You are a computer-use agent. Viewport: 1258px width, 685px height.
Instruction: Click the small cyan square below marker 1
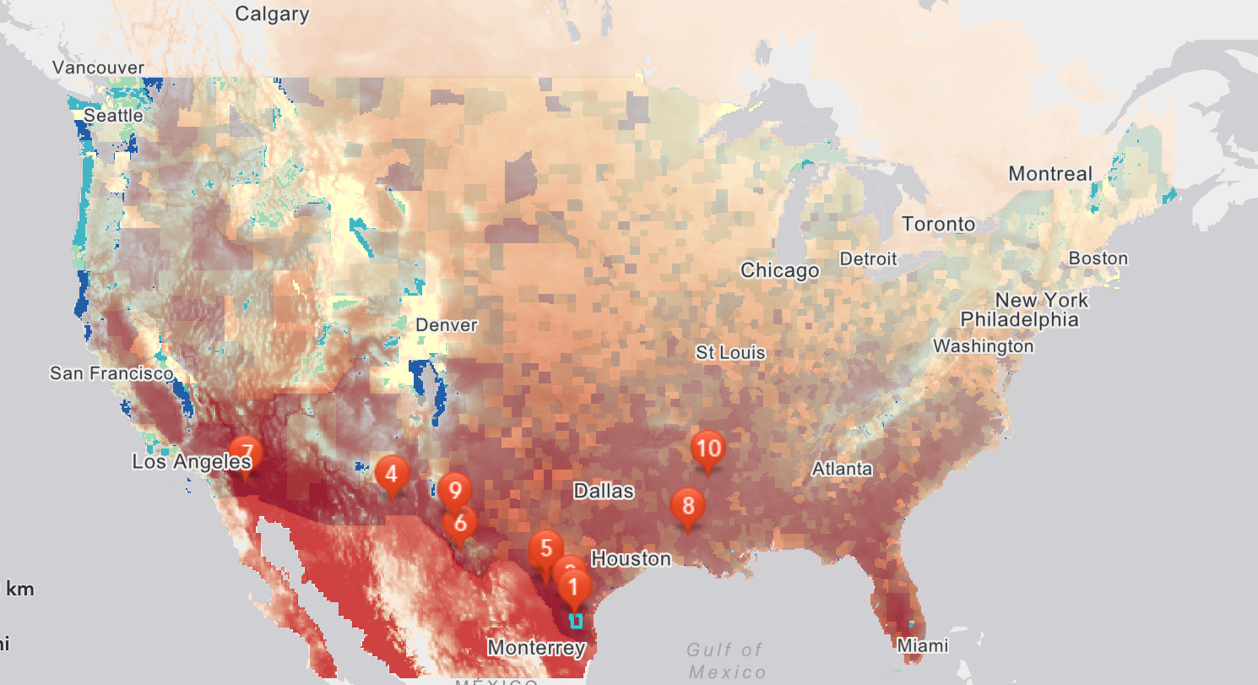pyautogui.click(x=576, y=621)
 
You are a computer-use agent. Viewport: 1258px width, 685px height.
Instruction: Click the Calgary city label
pyautogui.click(x=272, y=14)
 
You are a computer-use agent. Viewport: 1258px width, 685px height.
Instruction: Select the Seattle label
pyautogui.click(x=114, y=116)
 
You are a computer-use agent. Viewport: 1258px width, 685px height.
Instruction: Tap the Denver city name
pyautogui.click(x=447, y=325)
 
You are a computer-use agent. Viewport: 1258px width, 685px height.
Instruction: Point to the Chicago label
pyautogui.click(x=779, y=271)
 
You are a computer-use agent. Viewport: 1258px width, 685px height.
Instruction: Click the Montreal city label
pyautogui.click(x=1050, y=174)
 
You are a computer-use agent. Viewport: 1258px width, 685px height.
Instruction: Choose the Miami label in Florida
pyautogui.click(x=923, y=646)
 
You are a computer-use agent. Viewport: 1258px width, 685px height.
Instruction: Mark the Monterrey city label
pyautogui.click(x=536, y=649)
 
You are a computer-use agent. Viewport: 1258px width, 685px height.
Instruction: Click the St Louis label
pyautogui.click(x=730, y=352)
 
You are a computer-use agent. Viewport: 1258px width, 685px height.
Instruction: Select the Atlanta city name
pyautogui.click(x=842, y=469)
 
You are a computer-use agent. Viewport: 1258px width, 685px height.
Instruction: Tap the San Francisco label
pyautogui.click(x=111, y=373)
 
